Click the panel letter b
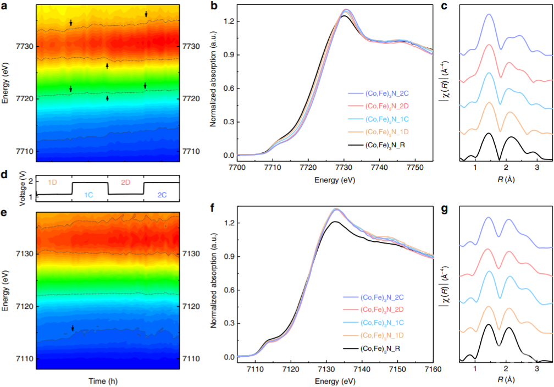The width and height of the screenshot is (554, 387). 214,6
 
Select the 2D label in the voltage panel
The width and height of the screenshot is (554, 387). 125,182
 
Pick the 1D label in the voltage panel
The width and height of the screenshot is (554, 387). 53,182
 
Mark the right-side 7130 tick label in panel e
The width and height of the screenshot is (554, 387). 190,254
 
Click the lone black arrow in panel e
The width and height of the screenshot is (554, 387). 73,328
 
